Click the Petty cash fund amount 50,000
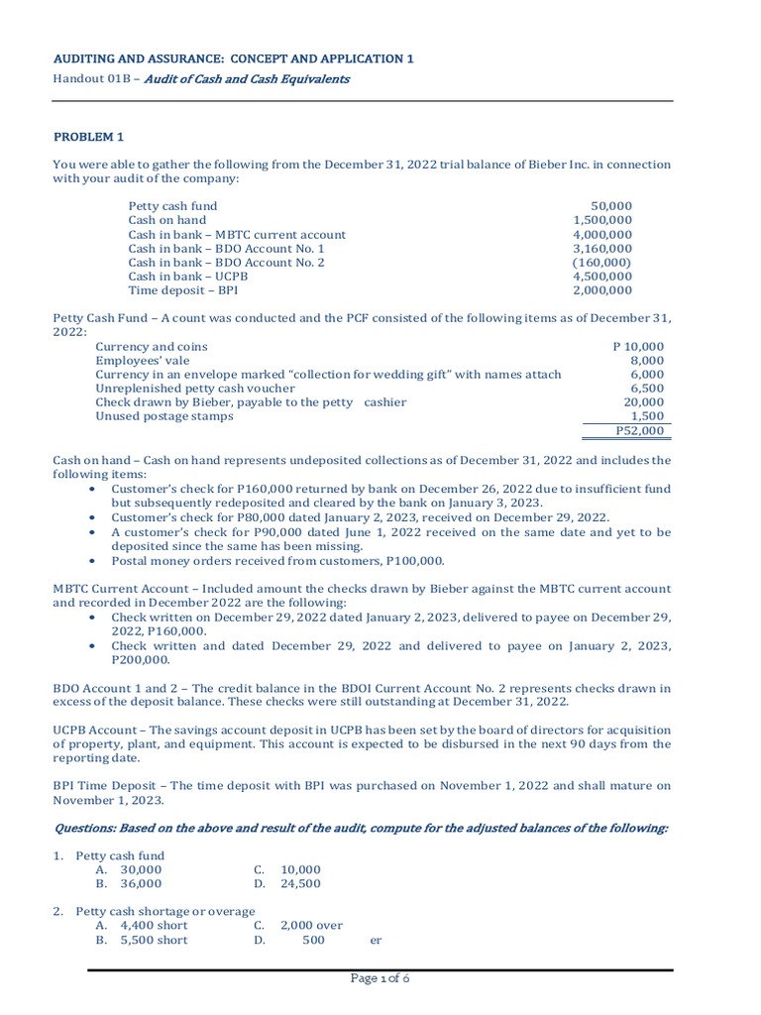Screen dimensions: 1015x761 pyautogui.click(x=614, y=206)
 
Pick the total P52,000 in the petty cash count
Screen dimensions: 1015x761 pyautogui.click(x=639, y=431)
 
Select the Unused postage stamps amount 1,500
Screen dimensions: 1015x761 pyautogui.click(x=648, y=416)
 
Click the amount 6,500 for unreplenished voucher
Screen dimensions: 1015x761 pyautogui.click(x=648, y=389)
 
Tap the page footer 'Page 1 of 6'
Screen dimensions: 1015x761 pyautogui.click(x=380, y=978)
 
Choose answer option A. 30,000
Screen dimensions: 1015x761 pyautogui.click(x=129, y=869)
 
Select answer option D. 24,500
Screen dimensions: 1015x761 pyautogui.click(x=287, y=883)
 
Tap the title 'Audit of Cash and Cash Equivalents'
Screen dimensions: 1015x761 pyautogui.click(x=247, y=79)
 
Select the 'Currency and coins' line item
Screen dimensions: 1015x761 pyautogui.click(x=152, y=347)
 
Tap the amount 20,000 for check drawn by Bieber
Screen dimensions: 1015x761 pyautogui.click(x=644, y=402)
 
